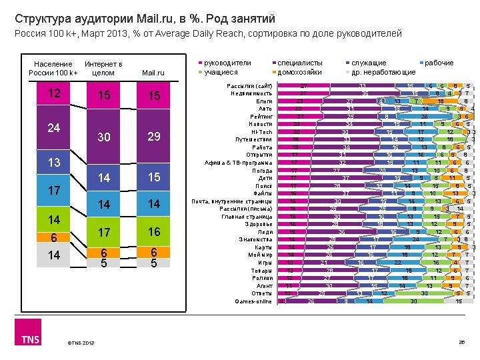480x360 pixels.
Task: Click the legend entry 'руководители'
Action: (x=229, y=63)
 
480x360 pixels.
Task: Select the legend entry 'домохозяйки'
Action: (x=299, y=72)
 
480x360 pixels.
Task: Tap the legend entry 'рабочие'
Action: (x=438, y=63)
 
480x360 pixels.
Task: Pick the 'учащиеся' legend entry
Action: (x=223, y=72)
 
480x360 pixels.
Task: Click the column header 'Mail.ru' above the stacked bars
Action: (x=154, y=73)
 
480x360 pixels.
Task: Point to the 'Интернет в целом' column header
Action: (x=103, y=68)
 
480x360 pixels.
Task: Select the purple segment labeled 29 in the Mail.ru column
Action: (x=154, y=137)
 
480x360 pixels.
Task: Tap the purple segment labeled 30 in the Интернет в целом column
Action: (x=103, y=137)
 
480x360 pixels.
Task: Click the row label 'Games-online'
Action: (x=254, y=301)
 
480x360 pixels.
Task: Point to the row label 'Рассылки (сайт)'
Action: (x=249, y=87)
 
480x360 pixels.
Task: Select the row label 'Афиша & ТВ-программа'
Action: (x=240, y=162)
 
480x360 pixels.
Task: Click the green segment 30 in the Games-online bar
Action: (x=413, y=301)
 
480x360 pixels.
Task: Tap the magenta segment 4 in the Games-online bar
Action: (x=281, y=301)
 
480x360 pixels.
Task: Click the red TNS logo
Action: (x=29, y=339)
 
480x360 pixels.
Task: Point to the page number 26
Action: (x=460, y=343)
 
